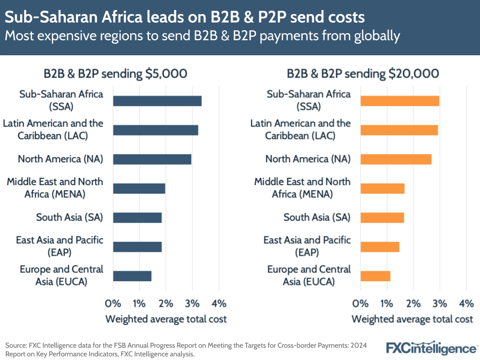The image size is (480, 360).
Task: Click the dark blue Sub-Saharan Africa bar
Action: click(x=157, y=101)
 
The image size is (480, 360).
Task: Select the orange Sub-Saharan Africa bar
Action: click(x=400, y=101)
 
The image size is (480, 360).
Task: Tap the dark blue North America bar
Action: click(x=152, y=159)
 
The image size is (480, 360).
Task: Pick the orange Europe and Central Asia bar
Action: click(x=375, y=276)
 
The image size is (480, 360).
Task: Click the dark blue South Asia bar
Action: click(x=137, y=217)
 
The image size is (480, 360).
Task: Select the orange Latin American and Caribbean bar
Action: click(x=399, y=130)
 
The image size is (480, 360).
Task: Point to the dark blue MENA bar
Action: click(x=139, y=188)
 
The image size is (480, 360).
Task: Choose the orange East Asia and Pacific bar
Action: click(x=380, y=247)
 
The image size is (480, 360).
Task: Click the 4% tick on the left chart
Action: click(x=219, y=303)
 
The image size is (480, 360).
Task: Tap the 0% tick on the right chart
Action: click(x=360, y=303)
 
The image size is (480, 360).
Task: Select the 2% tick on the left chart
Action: click(x=166, y=303)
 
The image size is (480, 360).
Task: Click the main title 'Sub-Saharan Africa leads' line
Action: click(x=185, y=18)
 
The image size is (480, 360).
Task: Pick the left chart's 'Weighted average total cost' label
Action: click(x=166, y=319)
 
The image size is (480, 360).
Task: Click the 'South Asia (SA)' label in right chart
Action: click(x=317, y=217)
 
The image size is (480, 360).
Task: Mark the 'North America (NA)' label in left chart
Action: click(x=61, y=159)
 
